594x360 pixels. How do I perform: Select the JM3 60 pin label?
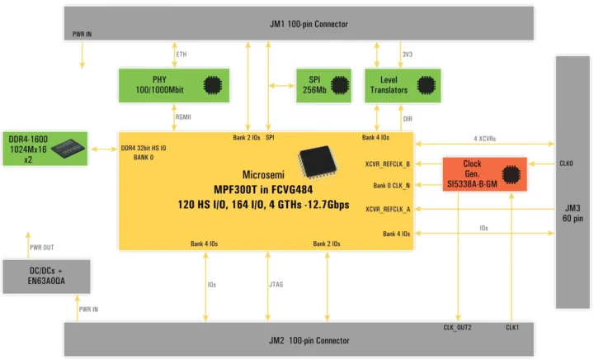pyautogui.click(x=573, y=213)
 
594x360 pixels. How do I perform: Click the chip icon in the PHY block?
pyautogui.click(x=213, y=84)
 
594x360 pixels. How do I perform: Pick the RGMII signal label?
pyautogui.click(x=184, y=117)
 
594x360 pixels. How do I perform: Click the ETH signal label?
pyautogui.click(x=181, y=54)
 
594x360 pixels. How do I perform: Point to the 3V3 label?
pyautogui.click(x=407, y=54)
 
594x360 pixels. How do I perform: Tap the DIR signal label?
pyautogui.click(x=407, y=118)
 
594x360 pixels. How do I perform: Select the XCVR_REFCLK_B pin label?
pyautogui.click(x=388, y=163)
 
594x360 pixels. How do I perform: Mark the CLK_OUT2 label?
pyautogui.click(x=457, y=328)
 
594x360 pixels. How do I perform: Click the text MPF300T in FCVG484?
pyautogui.click(x=265, y=189)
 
